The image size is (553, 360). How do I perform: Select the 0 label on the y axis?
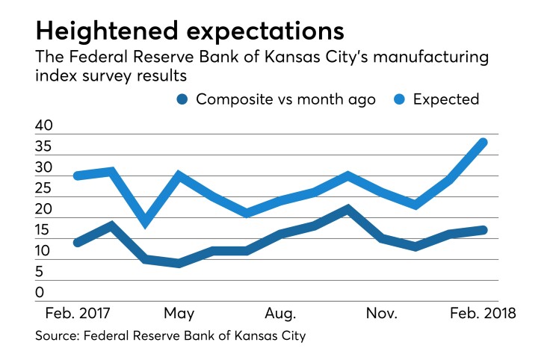coord(39,294)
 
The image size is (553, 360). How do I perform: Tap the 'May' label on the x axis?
coord(179,312)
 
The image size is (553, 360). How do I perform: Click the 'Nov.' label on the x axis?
coord(382,312)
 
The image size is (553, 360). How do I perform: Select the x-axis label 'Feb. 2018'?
coord(483,312)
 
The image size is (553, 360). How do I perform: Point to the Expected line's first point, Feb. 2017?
coord(78,176)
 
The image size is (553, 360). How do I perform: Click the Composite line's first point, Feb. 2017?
coord(78,243)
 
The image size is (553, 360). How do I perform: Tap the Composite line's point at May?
coord(179,264)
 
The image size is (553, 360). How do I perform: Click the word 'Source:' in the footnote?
coord(57,337)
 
